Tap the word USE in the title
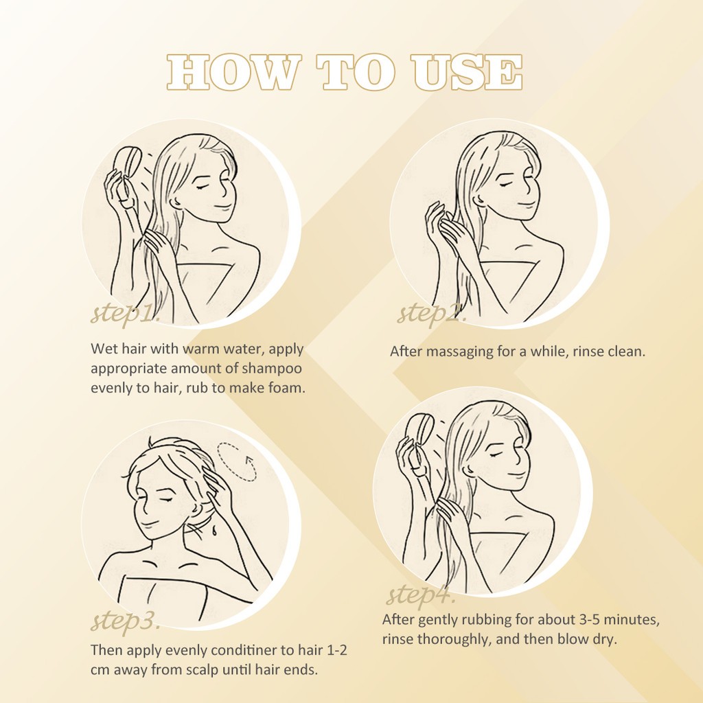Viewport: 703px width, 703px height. click(466, 71)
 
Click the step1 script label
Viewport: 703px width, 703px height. click(125, 312)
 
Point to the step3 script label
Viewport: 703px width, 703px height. click(126, 621)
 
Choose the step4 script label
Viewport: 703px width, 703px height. click(421, 595)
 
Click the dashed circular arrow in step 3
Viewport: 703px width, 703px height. click(237, 462)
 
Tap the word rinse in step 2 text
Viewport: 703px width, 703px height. click(588, 351)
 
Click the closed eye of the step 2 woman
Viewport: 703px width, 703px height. click(506, 185)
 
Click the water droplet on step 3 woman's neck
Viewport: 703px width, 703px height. click(214, 532)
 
